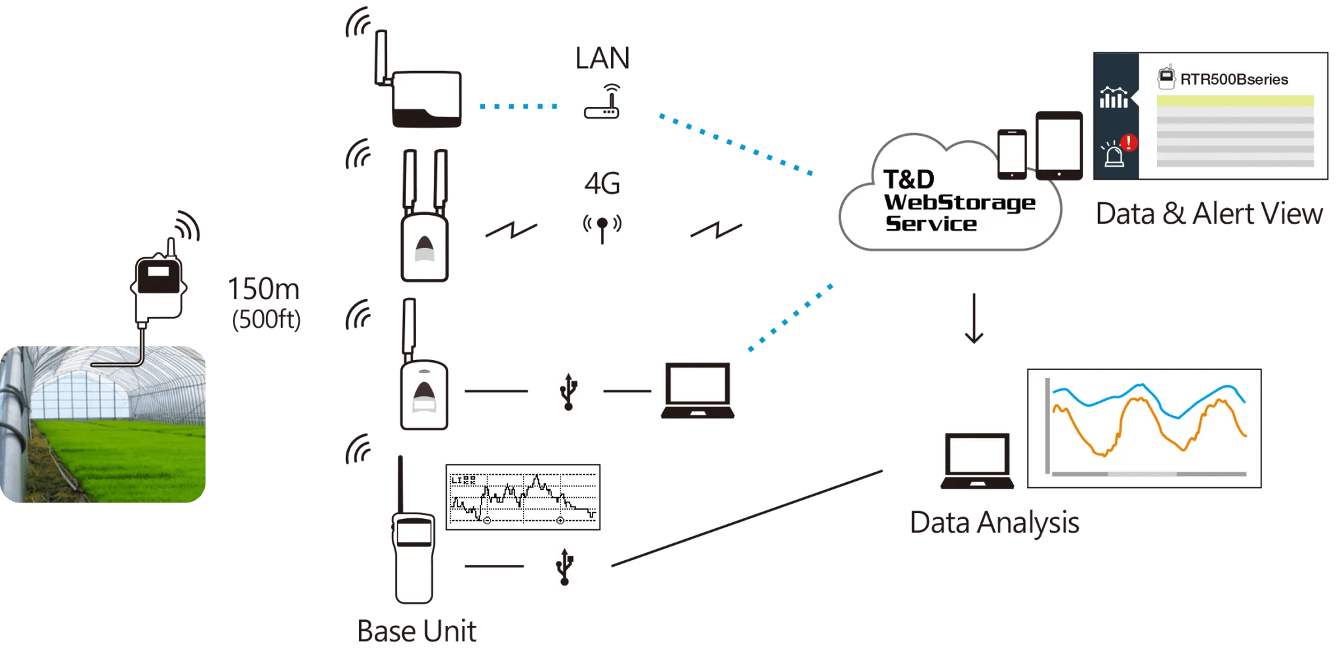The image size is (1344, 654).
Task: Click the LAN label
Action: pos(602,59)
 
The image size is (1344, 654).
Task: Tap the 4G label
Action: pos(602,184)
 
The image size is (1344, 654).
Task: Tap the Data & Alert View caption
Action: pos(1209,215)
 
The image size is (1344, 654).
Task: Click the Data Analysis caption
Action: pos(994,523)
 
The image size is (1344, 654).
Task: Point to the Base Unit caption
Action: pos(417,631)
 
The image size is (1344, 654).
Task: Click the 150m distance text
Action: pos(263,289)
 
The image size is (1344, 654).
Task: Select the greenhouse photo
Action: pos(103,424)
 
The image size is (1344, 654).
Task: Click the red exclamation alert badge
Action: pos(1129,142)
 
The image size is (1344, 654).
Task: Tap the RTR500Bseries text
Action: pos(1234,79)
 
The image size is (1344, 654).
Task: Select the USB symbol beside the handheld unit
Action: pos(564,565)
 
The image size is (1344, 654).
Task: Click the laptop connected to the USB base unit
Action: pos(698,390)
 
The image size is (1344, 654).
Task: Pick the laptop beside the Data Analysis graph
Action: pos(976,460)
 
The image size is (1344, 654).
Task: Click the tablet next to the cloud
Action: pos(1059,145)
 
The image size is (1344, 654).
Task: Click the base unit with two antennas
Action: pos(425,220)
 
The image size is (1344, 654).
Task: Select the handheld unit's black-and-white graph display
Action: pos(522,497)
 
